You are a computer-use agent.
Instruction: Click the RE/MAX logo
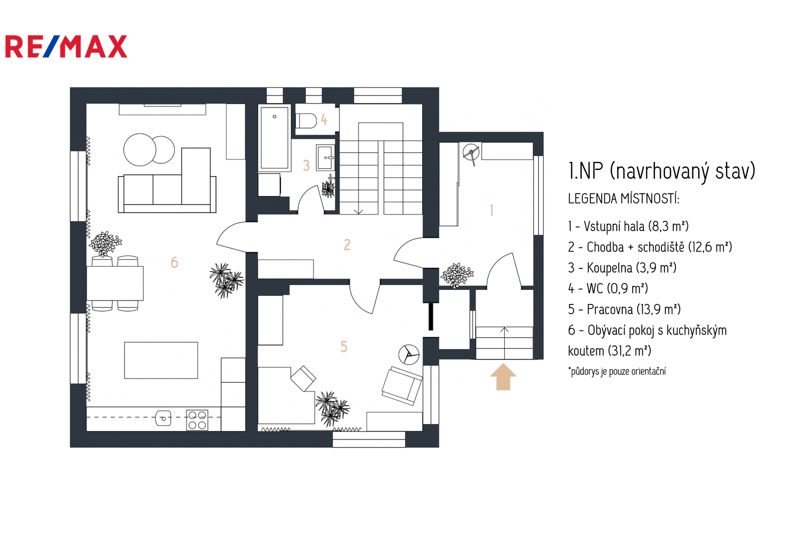tap(66, 46)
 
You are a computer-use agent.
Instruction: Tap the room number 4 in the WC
tap(324, 119)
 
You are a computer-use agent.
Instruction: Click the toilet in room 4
tap(307, 121)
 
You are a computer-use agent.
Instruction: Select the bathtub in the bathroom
tap(274, 137)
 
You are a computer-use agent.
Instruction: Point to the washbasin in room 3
tap(325, 157)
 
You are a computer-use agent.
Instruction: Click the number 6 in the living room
tap(174, 262)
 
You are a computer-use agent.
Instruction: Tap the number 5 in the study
tap(343, 346)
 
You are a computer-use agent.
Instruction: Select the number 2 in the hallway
tap(347, 244)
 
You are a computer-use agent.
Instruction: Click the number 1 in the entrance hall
tap(492, 210)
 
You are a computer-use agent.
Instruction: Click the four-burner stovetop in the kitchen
tap(197, 420)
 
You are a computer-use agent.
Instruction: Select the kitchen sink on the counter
tap(163, 418)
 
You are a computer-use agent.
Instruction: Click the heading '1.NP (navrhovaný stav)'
tap(661, 171)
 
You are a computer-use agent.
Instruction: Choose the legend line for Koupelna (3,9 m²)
tap(622, 268)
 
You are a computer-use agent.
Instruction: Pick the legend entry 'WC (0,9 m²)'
tap(608, 288)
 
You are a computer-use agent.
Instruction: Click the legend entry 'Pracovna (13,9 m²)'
tap(624, 309)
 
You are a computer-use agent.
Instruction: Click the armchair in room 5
tap(402, 385)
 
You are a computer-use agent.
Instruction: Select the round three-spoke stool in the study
tap(409, 354)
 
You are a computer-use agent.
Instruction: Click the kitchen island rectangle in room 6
tap(161, 360)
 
